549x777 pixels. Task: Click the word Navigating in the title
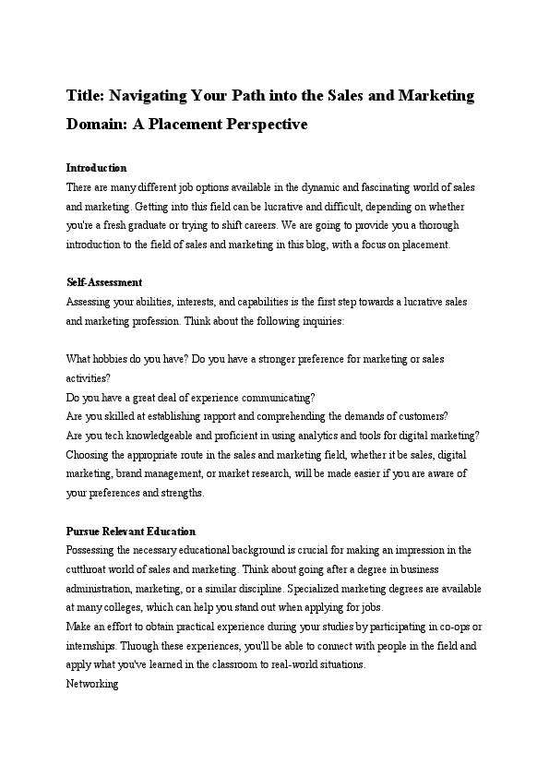point(155,96)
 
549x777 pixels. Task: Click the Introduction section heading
point(96,168)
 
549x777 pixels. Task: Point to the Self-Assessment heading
point(104,282)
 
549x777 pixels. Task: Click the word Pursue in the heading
point(85,532)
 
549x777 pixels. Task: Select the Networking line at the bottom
point(92,685)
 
